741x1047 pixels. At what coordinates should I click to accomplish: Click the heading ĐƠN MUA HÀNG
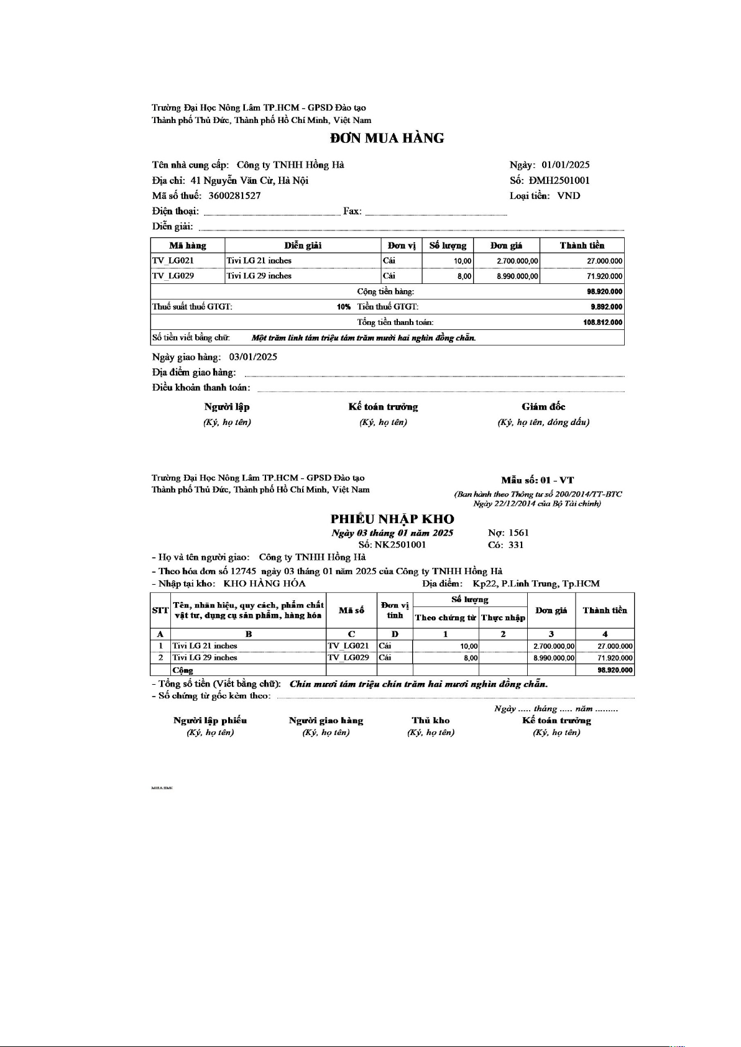(x=387, y=138)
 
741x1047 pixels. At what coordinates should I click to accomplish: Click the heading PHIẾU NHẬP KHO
(x=392, y=519)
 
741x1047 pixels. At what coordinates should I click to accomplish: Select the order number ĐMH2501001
(x=559, y=180)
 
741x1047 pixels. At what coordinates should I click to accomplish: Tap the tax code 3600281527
(x=234, y=196)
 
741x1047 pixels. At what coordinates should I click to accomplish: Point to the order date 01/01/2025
(x=565, y=165)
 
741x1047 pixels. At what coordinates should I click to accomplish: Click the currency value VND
(x=568, y=196)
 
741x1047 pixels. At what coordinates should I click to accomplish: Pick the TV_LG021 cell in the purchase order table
(x=173, y=260)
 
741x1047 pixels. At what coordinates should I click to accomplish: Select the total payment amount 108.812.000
(x=602, y=322)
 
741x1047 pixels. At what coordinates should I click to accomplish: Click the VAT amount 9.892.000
(x=606, y=307)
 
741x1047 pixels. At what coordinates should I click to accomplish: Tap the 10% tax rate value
(x=344, y=307)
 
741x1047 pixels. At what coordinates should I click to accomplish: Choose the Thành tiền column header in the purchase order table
(x=582, y=245)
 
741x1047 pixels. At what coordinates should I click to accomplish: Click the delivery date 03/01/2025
(x=253, y=357)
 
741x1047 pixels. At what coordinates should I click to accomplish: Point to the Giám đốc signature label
(x=543, y=406)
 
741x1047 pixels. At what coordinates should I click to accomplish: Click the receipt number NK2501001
(x=400, y=545)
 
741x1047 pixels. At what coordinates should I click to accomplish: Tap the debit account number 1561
(x=518, y=533)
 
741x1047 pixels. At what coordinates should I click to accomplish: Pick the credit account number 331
(x=516, y=545)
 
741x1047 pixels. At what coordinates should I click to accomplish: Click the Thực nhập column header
(x=503, y=618)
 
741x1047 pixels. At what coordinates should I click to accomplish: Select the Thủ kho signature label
(x=430, y=720)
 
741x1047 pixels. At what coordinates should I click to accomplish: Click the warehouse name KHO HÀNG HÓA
(x=264, y=583)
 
